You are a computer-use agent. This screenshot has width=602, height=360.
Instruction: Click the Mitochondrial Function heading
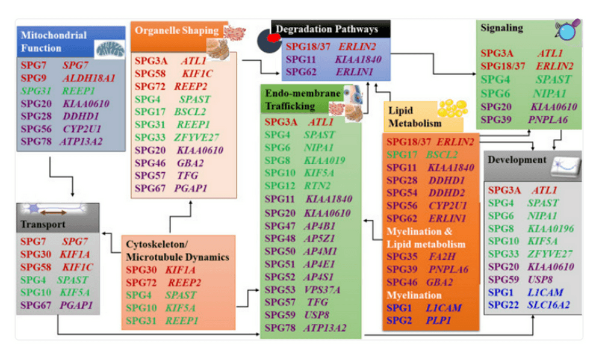(x=54, y=41)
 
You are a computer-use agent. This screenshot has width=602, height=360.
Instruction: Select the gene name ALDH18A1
(x=88, y=78)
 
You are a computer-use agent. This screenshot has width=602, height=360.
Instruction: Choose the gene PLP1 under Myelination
(x=438, y=320)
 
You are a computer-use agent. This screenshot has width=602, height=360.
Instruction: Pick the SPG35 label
(x=401, y=257)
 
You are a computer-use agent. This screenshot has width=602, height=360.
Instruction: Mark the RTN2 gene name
(x=317, y=186)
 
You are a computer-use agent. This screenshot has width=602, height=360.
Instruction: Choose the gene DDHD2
(x=446, y=192)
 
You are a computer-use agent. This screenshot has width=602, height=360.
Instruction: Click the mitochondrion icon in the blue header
(x=111, y=48)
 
